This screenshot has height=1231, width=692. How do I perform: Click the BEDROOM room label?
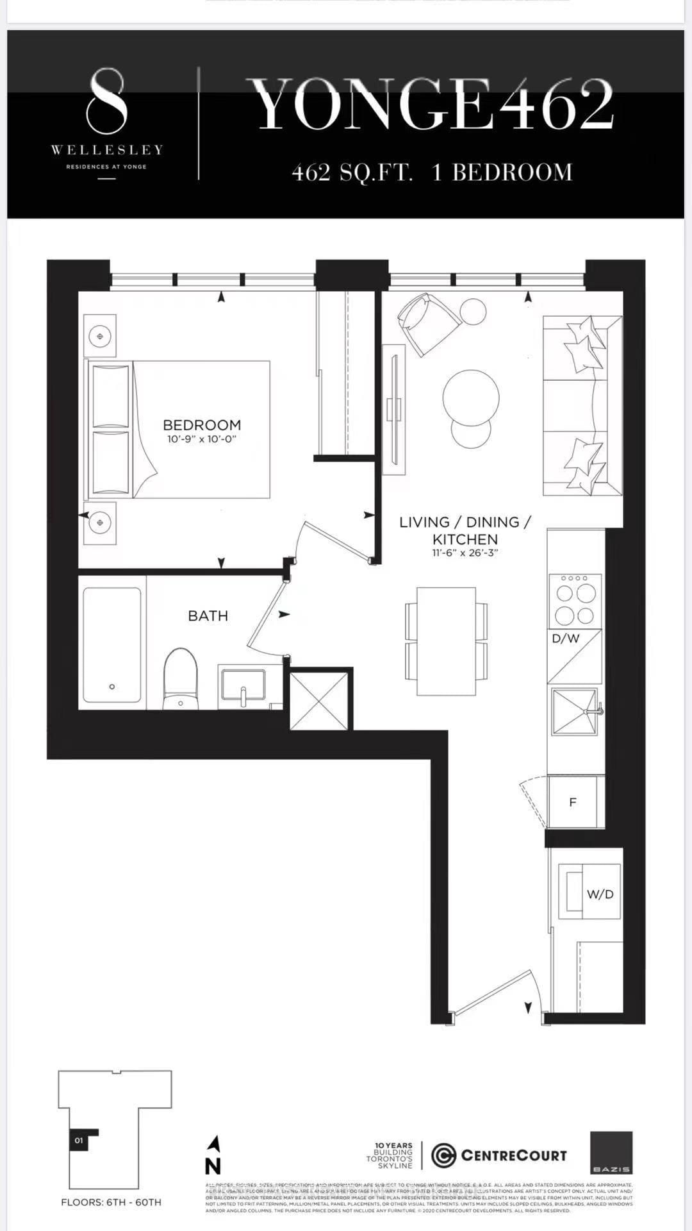click(202, 424)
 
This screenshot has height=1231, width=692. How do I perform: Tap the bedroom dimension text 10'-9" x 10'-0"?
click(202, 440)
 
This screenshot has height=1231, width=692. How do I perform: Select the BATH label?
click(208, 615)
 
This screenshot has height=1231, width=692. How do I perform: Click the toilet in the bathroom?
click(181, 678)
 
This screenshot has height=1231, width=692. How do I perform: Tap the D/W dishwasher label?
click(565, 639)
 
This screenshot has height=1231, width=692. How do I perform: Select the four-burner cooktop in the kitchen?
click(575, 601)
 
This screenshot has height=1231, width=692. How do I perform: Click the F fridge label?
click(573, 802)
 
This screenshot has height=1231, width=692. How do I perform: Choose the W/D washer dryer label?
click(600, 894)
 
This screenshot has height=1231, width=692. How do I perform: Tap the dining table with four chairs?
click(447, 641)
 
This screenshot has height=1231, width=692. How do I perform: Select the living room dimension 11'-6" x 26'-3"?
click(465, 553)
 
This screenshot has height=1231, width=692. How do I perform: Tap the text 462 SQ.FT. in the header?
click(352, 173)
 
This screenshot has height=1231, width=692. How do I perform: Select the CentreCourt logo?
click(499, 1155)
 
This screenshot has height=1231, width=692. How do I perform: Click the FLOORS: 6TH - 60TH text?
click(111, 1202)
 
